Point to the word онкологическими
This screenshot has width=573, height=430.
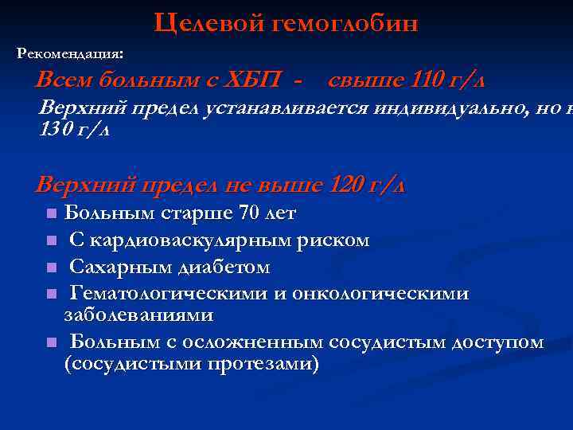click(x=380, y=294)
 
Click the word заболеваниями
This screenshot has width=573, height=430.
click(x=138, y=315)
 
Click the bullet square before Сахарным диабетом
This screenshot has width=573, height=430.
click(x=50, y=268)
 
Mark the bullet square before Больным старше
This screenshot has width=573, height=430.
click(x=50, y=214)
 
